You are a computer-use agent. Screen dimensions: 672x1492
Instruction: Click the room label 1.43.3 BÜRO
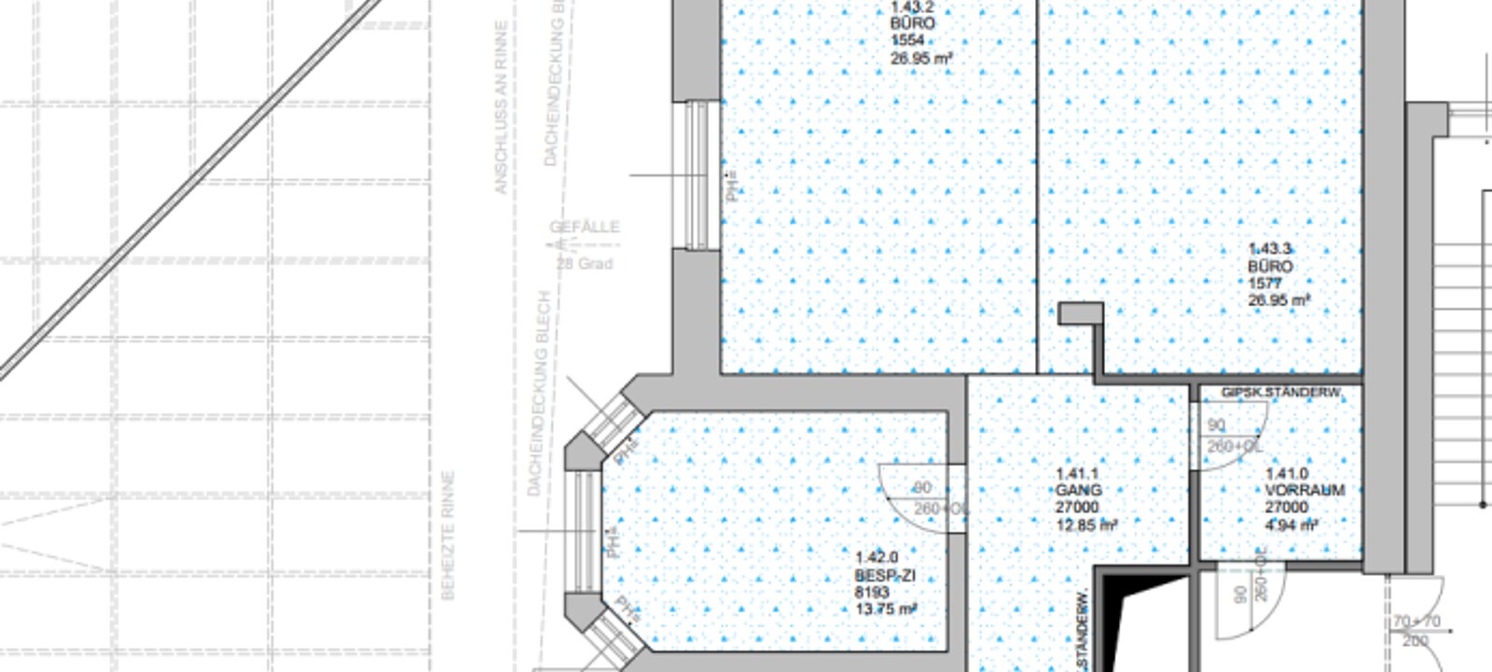point(1269,258)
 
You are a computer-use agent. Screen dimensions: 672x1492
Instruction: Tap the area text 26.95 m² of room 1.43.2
point(920,59)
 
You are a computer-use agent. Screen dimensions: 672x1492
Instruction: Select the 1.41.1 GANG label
point(1078,482)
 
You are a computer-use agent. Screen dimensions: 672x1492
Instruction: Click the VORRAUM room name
point(1305,490)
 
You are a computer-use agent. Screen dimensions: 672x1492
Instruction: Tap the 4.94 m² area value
point(1291,525)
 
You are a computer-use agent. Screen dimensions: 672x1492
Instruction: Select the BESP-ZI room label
point(884,576)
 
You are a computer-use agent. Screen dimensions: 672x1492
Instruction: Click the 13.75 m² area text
point(886,609)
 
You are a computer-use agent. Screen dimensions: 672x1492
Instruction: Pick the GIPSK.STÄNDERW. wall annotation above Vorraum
point(1280,393)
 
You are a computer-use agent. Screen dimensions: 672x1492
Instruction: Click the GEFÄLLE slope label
point(584,227)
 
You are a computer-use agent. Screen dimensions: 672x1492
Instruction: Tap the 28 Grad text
point(585,264)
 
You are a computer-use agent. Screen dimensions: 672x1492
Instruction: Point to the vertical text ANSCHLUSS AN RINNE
point(501,107)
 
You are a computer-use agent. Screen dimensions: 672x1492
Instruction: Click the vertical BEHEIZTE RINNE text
point(448,535)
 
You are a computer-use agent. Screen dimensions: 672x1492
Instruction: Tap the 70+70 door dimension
point(1416,622)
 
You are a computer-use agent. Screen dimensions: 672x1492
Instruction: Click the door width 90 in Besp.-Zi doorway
point(921,488)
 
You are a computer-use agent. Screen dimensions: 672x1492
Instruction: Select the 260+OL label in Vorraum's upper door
point(1234,447)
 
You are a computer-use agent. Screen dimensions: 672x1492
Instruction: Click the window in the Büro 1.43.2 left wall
point(697,175)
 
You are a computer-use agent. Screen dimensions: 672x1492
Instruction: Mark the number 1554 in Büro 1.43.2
point(907,41)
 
